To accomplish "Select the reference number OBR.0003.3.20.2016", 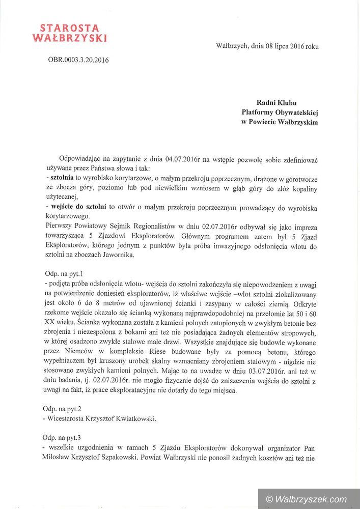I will [x=78, y=60].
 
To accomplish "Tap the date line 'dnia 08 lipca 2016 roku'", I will [x=285, y=46].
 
